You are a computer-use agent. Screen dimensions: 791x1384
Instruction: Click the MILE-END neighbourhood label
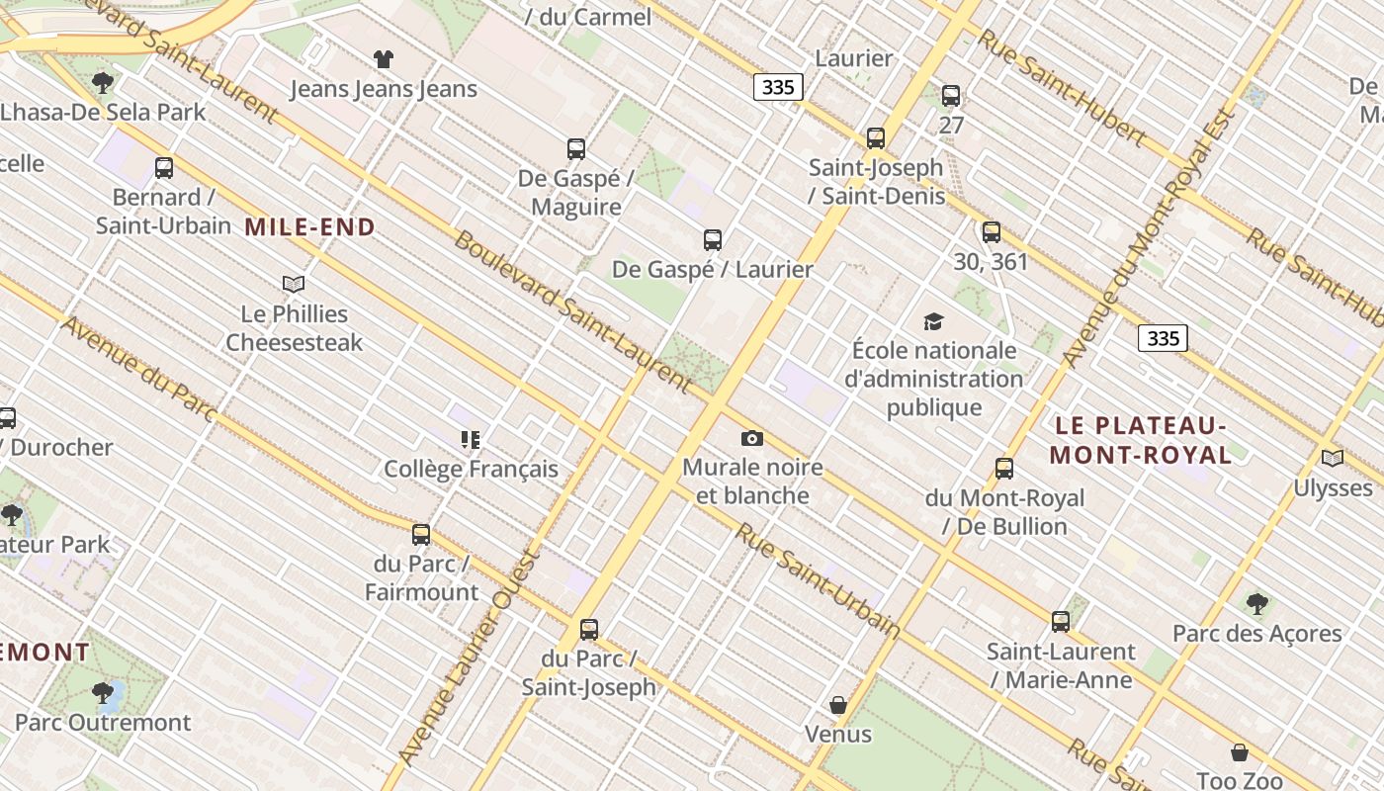pos(309,227)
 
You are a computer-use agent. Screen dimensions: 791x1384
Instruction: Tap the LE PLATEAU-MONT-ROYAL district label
pos(1141,440)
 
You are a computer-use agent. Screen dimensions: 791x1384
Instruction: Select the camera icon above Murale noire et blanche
pos(752,438)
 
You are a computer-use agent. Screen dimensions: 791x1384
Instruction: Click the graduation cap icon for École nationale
pos(933,321)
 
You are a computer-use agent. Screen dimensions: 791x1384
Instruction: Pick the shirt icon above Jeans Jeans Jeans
pos(383,59)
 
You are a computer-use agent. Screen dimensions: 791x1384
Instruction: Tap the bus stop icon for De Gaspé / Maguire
pos(576,149)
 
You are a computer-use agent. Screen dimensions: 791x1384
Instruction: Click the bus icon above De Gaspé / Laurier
pos(713,239)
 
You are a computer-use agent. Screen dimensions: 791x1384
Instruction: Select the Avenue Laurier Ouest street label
pos(470,658)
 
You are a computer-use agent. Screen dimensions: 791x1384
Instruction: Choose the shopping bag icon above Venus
pos(838,705)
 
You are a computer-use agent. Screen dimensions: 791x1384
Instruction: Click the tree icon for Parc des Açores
pos(1256,603)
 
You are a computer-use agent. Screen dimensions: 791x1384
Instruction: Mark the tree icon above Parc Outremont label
pos(103,692)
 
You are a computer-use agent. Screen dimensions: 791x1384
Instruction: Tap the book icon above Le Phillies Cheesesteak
pos(294,285)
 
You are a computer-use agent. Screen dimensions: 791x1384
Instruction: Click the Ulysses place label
pos(1333,487)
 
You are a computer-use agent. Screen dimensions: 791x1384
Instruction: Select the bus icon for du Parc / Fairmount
pos(421,535)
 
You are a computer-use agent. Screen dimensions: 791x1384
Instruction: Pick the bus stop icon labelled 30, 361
pos(992,232)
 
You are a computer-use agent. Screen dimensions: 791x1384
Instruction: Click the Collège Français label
pos(471,469)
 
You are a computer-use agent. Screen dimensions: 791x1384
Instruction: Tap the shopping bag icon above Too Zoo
pos(1240,752)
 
